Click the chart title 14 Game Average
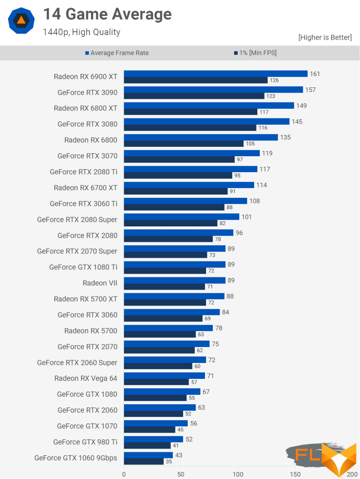(x=107, y=15)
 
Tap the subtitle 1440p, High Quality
(x=81, y=32)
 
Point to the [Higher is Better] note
(x=325, y=37)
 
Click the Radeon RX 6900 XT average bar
(x=215, y=74)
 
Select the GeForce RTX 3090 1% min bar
(x=194, y=96)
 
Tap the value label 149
(x=301, y=106)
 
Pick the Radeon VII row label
(x=100, y=283)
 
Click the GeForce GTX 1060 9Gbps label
(x=76, y=458)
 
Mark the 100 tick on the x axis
(x=238, y=474)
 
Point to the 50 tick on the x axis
(x=181, y=474)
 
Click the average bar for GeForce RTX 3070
(x=191, y=153)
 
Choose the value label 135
(x=286, y=138)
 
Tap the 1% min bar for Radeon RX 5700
(x=160, y=334)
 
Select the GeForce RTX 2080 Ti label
(x=83, y=172)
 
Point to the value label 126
(x=274, y=80)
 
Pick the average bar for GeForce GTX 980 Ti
(x=153, y=439)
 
